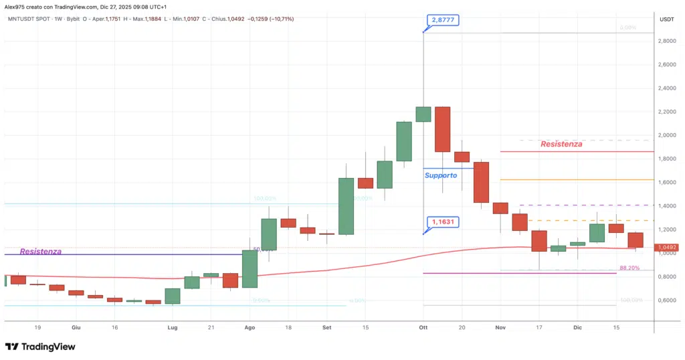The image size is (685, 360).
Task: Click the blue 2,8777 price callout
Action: [443, 21]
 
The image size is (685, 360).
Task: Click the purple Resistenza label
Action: [41, 252]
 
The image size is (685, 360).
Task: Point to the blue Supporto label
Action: [441, 175]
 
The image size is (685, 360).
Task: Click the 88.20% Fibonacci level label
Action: [629, 268]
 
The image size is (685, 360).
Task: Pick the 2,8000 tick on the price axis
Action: [666, 41]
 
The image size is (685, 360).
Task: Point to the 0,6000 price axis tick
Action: [666, 300]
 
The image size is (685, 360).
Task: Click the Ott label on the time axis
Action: [423, 328]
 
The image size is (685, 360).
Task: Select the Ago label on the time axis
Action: [250, 328]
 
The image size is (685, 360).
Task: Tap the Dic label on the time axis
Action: [577, 328]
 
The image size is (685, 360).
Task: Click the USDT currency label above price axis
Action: [666, 19]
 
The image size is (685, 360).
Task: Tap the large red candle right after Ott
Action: [442, 129]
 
